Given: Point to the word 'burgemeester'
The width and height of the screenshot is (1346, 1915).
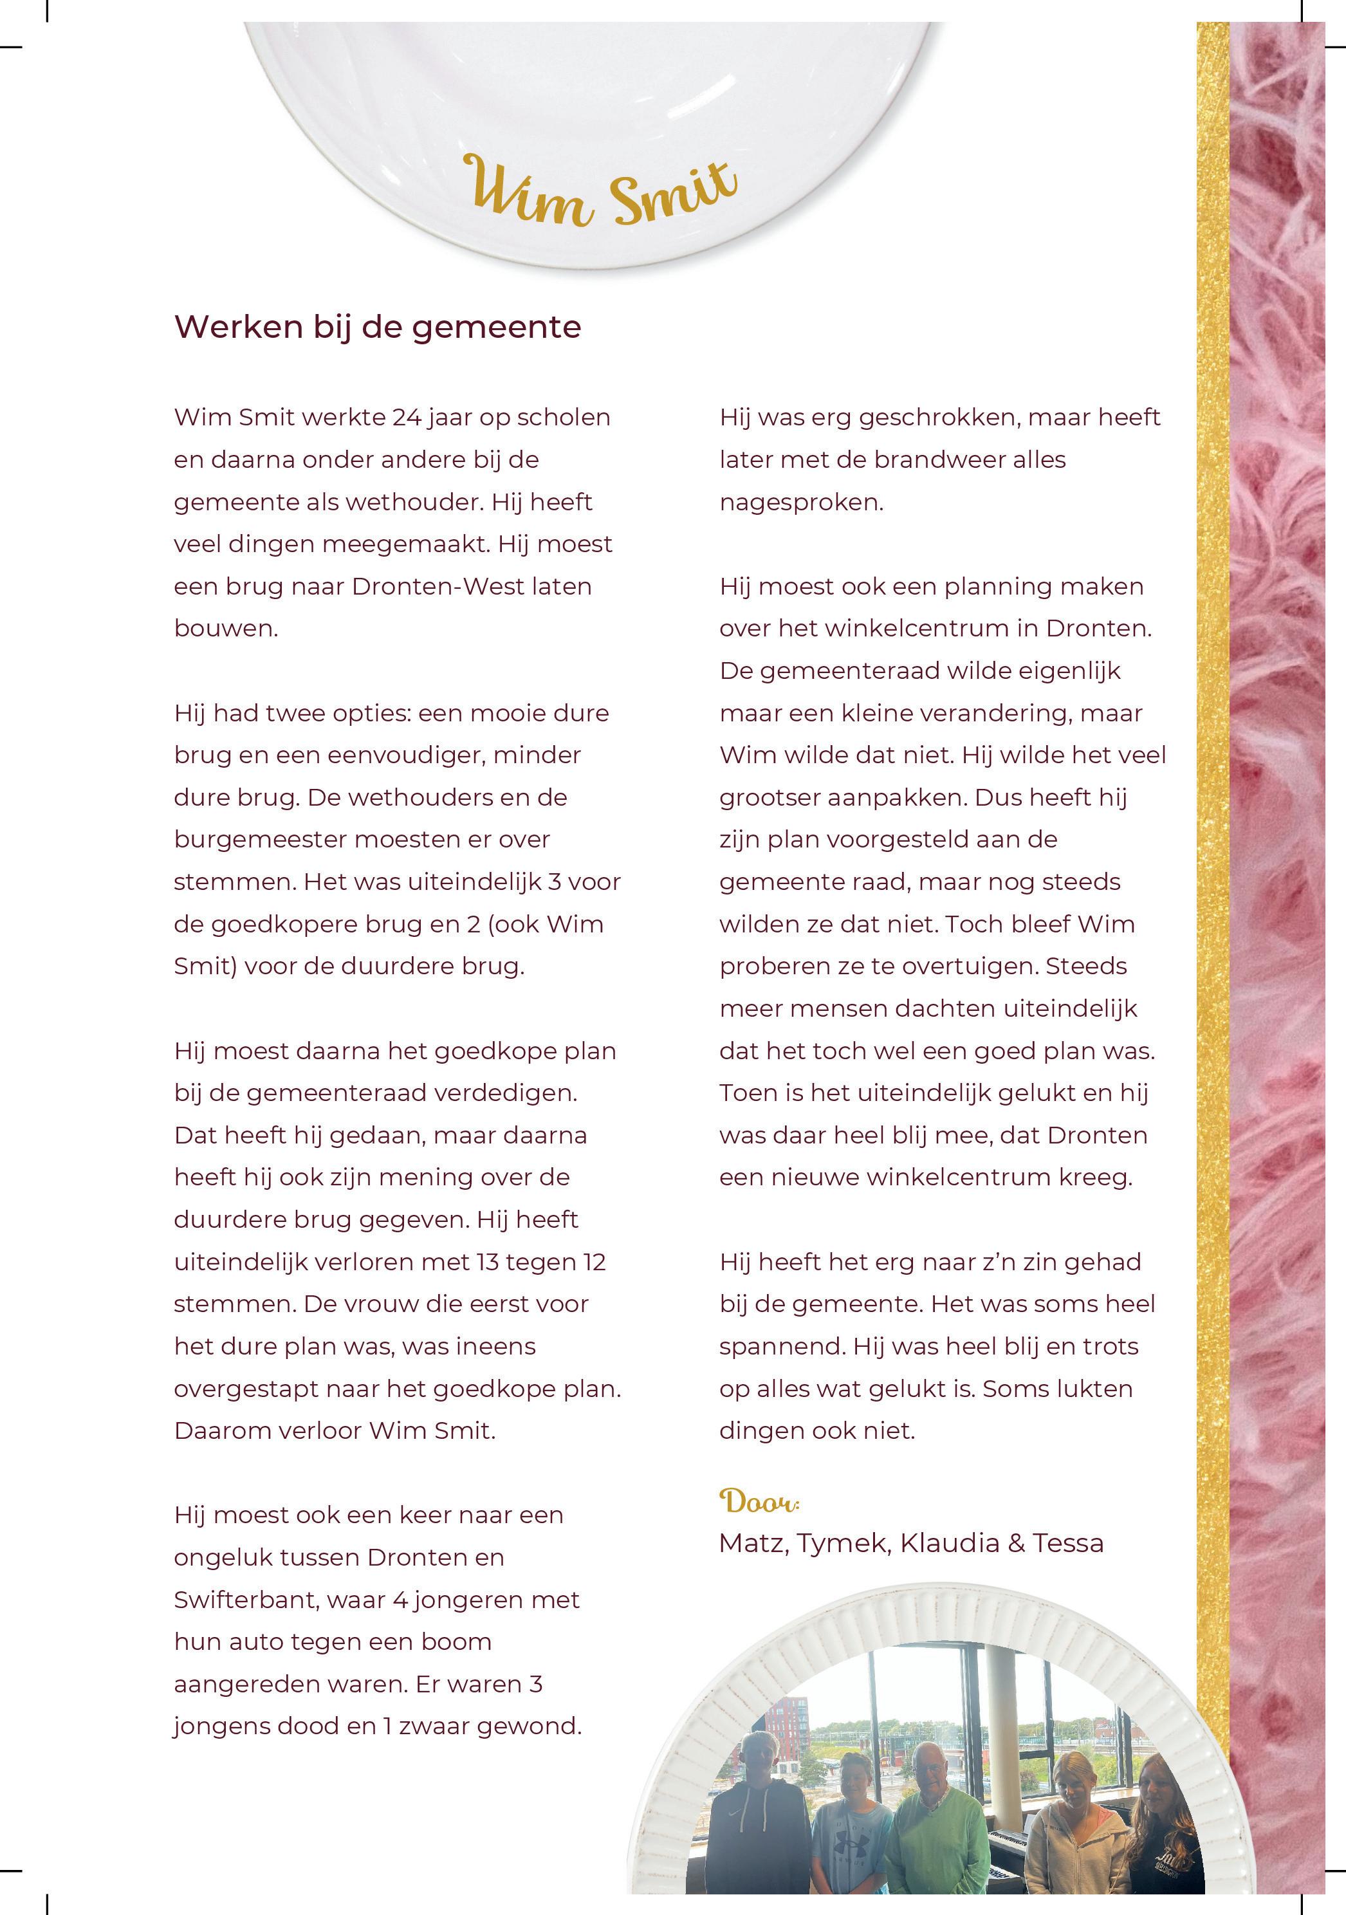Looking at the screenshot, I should (x=259, y=839).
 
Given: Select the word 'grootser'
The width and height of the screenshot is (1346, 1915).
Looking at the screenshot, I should (x=769, y=797).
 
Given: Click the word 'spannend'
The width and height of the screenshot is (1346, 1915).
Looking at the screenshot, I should (x=774, y=1346).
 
